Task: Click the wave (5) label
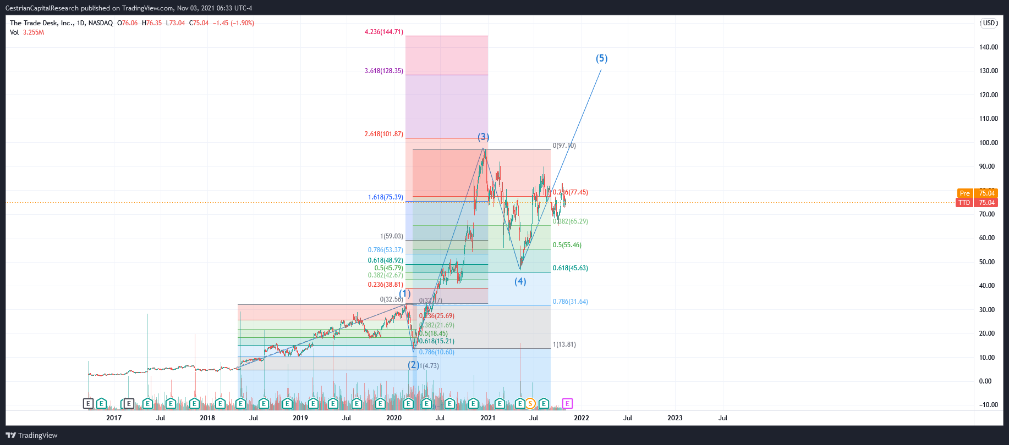coord(601,58)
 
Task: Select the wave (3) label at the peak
coord(483,137)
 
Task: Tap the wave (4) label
coord(520,281)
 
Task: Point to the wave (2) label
coord(413,365)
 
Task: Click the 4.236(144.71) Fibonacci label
coord(383,32)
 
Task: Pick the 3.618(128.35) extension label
coord(383,71)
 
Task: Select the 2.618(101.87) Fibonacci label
coord(383,134)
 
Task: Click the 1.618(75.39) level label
coord(385,197)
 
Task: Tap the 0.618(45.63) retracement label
coord(570,268)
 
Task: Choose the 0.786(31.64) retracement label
coord(570,302)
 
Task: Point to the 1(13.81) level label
coord(564,344)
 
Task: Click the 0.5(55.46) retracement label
coord(567,245)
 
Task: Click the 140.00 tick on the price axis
coord(988,47)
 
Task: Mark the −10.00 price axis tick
coord(988,405)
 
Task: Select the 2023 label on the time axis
coord(675,418)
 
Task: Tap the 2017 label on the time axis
coord(114,418)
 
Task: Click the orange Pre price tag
coord(965,193)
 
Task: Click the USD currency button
coord(990,23)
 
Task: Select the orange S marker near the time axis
coord(530,404)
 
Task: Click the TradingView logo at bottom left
coord(32,436)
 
